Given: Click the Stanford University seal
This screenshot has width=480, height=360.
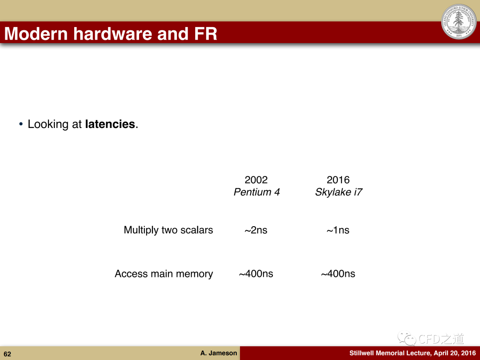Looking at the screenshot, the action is [459, 21].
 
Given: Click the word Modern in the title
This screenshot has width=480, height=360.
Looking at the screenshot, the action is [36, 34].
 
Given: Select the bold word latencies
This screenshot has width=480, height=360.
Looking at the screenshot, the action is [110, 124].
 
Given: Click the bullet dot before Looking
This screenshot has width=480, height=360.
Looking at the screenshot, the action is [21, 124].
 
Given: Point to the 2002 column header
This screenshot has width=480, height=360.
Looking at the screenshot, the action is [256, 180].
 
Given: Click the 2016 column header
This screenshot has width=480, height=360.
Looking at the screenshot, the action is [338, 180].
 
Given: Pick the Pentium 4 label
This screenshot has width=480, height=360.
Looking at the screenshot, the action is [256, 192].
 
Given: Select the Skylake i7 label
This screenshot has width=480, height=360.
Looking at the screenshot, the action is [339, 192].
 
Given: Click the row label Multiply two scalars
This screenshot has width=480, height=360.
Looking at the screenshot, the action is [168, 230].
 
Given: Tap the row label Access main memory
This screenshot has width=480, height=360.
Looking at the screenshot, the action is [164, 274].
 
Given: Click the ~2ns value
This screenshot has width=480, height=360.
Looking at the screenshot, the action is [256, 230].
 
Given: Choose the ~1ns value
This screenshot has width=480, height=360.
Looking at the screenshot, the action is [338, 230].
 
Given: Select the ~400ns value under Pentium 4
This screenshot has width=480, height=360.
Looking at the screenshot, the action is [256, 274].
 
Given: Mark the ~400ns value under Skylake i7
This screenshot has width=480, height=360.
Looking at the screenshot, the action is [338, 274].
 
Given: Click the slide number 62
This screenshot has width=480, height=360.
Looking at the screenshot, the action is [8, 354].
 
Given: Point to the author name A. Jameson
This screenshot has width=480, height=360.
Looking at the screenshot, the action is [219, 353].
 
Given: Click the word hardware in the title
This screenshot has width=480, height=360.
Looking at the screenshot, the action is [112, 34].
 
